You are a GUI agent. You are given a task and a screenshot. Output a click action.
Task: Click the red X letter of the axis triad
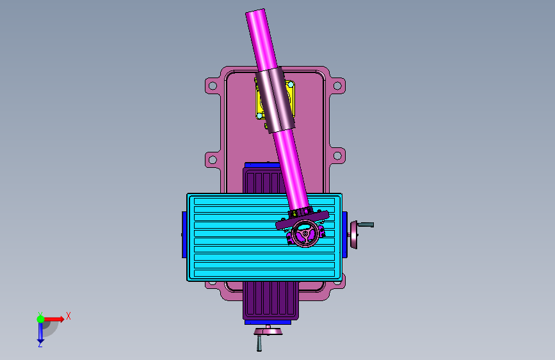(x=68, y=316)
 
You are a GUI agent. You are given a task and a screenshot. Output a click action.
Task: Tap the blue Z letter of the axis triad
(x=40, y=344)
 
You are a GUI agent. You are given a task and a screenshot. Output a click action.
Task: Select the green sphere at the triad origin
(x=41, y=319)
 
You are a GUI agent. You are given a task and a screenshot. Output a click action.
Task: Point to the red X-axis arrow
(x=54, y=319)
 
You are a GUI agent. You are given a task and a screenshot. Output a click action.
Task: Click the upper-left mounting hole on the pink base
(x=213, y=86)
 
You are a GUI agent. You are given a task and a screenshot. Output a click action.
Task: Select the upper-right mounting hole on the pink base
(x=337, y=86)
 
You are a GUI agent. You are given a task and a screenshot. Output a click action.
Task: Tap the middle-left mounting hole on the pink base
(x=213, y=160)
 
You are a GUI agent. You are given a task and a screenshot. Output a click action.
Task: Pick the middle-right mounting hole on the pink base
(x=337, y=156)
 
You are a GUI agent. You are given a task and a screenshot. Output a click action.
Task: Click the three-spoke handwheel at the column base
(x=305, y=233)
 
